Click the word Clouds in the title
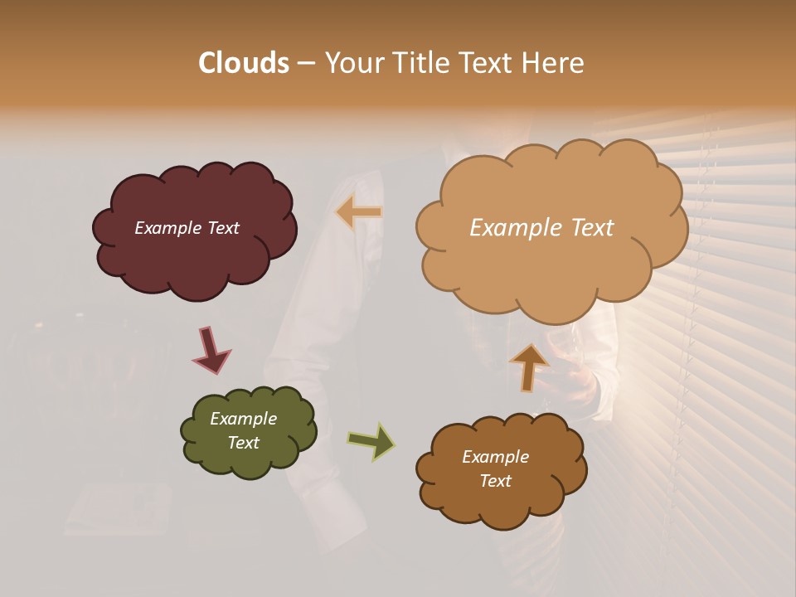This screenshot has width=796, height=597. coord(243,63)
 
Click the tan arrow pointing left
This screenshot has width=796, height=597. coord(360,212)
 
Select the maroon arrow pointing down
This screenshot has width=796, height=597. coord(211,351)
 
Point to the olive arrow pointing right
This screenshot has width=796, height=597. coord(371,442)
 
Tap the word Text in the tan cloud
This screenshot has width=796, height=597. coord(587,228)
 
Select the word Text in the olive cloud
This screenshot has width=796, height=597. coord(244,443)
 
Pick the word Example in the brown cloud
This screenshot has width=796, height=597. coord(495,457)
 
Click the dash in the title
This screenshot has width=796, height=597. coord(306,64)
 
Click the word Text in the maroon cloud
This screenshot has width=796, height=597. coord(222,228)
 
